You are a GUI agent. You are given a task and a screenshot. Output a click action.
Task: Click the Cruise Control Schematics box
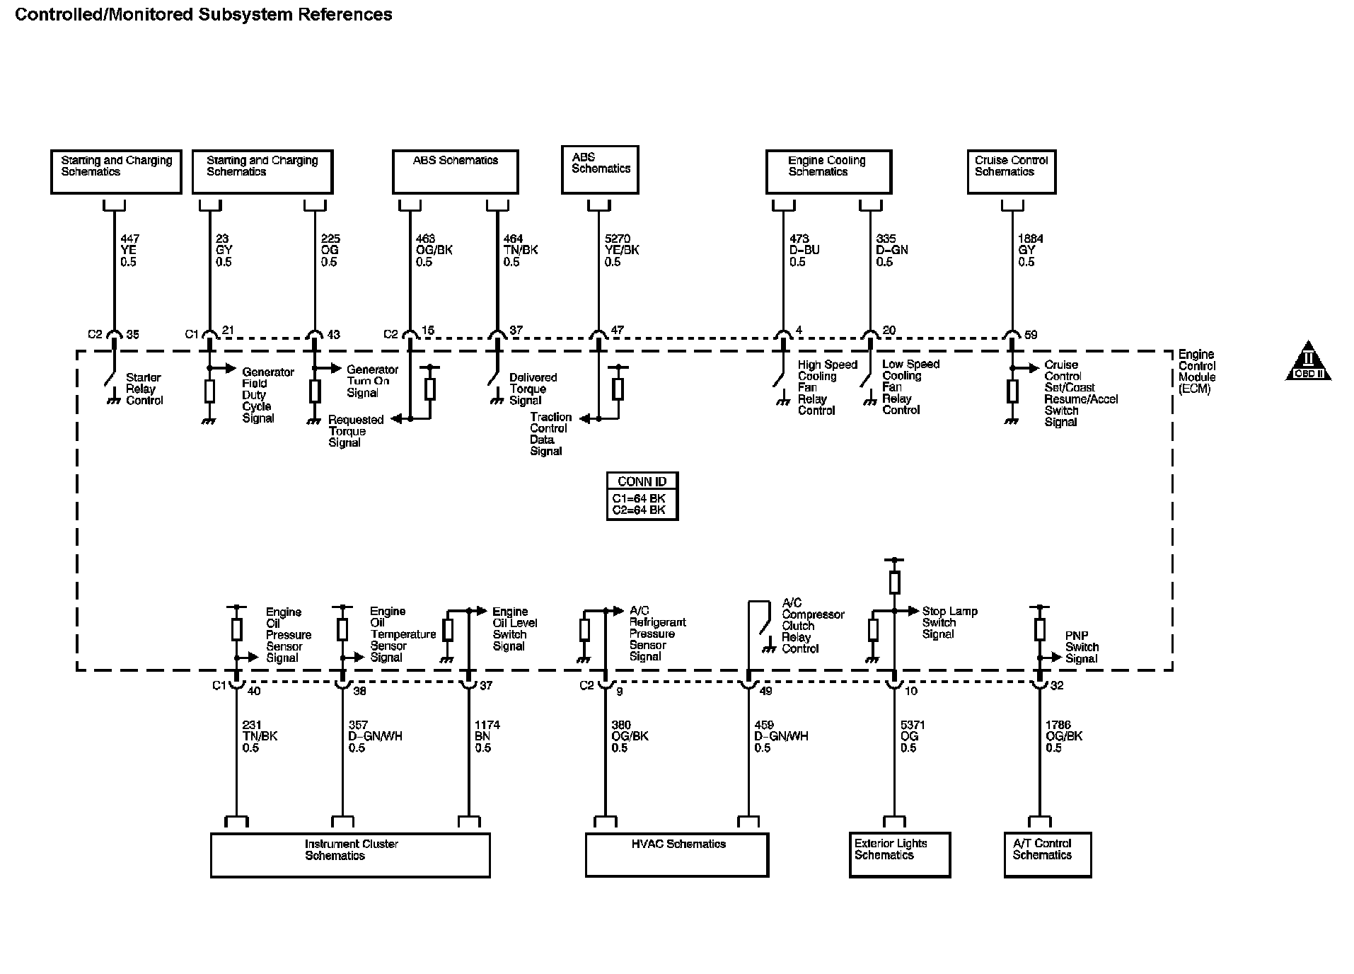[x=1011, y=171]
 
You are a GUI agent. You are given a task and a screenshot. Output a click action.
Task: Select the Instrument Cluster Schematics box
[x=350, y=854]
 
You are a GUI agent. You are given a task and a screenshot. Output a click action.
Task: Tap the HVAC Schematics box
[x=676, y=854]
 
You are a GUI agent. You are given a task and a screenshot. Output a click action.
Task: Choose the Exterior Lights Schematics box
[x=899, y=854]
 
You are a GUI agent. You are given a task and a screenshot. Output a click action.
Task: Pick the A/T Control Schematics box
[x=1047, y=854]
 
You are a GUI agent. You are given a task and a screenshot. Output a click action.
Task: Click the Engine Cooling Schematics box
[x=828, y=171]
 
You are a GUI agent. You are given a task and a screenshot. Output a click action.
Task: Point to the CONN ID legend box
[x=642, y=496]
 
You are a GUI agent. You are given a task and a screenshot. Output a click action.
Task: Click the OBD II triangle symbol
[x=1308, y=363]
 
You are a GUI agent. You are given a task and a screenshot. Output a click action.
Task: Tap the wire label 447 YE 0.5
[x=129, y=251]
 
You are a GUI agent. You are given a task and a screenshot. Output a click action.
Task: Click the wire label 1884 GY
[x=1030, y=251]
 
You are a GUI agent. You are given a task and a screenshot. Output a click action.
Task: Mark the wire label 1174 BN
[x=487, y=736]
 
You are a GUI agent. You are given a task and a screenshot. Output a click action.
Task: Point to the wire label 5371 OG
[x=912, y=736]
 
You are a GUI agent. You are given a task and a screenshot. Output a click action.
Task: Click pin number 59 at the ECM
[x=1031, y=335]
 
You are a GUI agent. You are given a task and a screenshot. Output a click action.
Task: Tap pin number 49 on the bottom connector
[x=765, y=691]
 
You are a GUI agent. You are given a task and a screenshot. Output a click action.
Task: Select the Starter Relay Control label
[x=144, y=389]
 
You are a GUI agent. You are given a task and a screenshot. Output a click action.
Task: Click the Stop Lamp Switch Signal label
[x=949, y=622]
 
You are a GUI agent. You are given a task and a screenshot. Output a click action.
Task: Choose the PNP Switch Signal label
[x=1082, y=647]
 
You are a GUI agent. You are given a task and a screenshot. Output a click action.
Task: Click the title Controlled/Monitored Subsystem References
[x=204, y=14]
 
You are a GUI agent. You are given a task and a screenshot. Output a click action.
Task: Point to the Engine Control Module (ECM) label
[x=1196, y=372]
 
